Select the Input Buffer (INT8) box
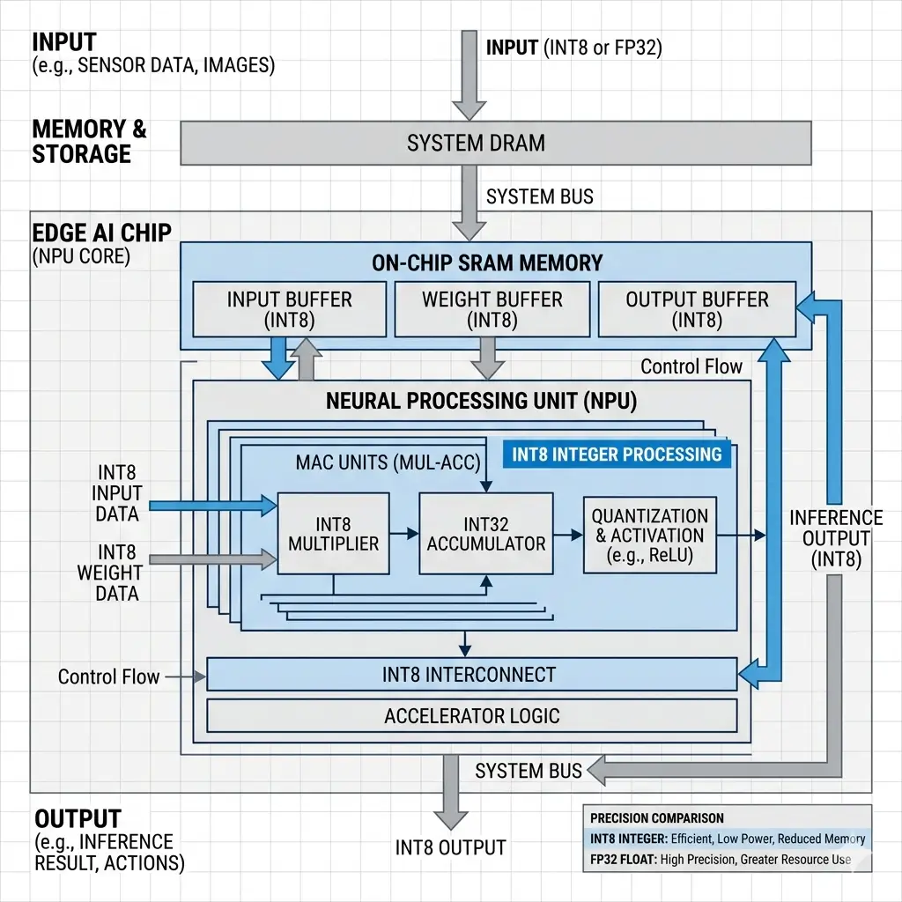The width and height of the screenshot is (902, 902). (x=289, y=309)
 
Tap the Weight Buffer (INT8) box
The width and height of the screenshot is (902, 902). (x=492, y=309)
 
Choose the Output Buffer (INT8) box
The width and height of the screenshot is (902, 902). (x=697, y=309)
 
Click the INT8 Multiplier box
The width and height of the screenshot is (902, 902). (x=333, y=533)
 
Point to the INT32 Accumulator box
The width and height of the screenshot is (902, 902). (x=486, y=533)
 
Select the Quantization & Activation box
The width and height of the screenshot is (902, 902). (x=649, y=535)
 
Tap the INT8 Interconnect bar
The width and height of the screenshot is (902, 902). (x=470, y=675)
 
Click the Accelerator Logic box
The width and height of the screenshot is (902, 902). (x=471, y=715)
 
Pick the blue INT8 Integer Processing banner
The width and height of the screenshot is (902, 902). (x=617, y=455)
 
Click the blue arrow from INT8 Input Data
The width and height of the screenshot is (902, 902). (x=212, y=505)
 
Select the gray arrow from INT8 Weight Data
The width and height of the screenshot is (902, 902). (x=212, y=558)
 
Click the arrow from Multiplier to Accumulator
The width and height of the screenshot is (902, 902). (x=403, y=533)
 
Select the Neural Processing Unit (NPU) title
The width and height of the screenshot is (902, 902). (x=481, y=402)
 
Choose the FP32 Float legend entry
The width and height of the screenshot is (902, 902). (x=720, y=859)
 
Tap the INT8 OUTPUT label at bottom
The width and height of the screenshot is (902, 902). (x=450, y=847)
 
